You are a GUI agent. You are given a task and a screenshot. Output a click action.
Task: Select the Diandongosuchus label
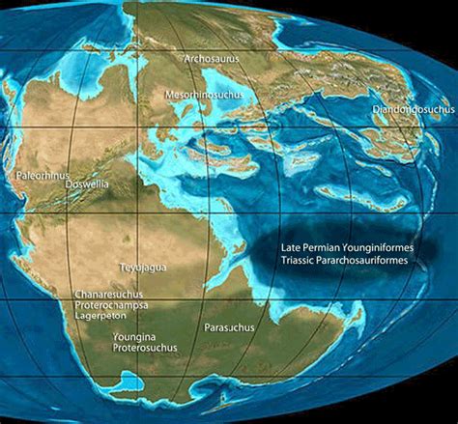(413, 110)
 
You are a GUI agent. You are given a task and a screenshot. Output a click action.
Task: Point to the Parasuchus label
(230, 327)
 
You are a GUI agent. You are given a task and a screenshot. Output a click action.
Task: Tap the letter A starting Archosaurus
(186, 59)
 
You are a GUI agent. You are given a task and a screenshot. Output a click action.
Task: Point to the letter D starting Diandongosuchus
(376, 110)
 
